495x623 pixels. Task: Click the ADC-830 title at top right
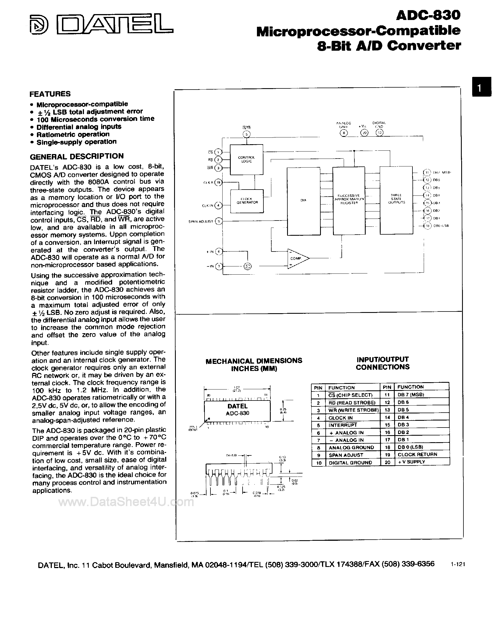point(428,15)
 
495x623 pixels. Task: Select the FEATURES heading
point(50,94)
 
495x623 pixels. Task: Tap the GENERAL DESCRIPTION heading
point(77,156)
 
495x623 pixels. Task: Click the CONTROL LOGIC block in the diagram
point(246,159)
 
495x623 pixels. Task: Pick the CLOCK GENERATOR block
point(247,201)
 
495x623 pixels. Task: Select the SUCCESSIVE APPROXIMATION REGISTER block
point(349,199)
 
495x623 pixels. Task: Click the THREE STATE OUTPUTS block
point(396,199)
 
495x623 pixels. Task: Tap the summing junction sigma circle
point(247,266)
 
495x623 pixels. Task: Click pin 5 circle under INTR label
point(246,134)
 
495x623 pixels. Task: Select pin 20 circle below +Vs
point(364,133)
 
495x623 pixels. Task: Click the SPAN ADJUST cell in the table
point(346,455)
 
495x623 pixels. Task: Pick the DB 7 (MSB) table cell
point(410,395)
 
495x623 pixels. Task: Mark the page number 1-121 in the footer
point(458,564)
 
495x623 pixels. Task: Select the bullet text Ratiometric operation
point(73,134)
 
